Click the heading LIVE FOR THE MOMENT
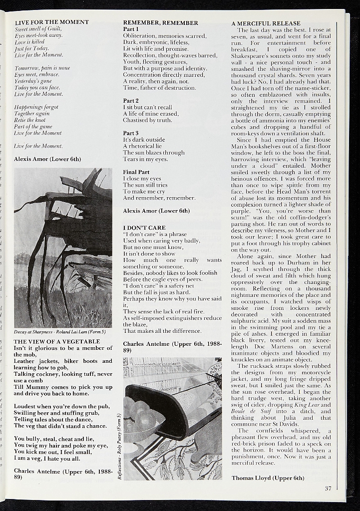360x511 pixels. click(52, 22)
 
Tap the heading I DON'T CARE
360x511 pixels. click(144, 228)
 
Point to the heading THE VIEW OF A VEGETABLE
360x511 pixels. click(57, 341)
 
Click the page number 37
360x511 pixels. click(328, 488)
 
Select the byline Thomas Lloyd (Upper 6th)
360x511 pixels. click(268, 478)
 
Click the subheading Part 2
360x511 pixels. click(131, 101)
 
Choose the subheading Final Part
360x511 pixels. click(136, 172)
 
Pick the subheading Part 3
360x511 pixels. click(131, 133)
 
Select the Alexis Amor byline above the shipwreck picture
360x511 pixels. click(47, 159)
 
